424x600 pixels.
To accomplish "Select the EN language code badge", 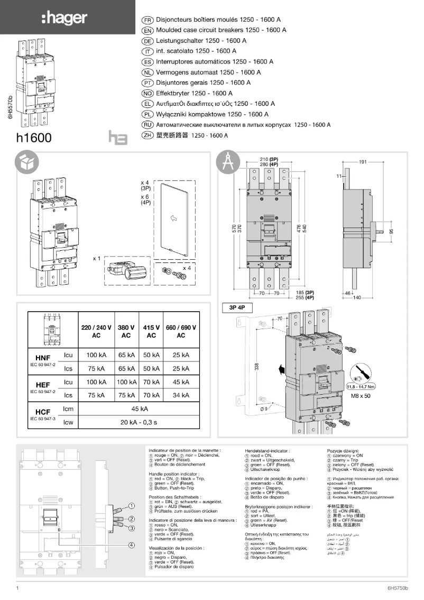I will click(148, 30).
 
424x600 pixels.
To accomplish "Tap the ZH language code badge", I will click(148, 135).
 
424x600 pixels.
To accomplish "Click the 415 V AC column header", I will click(151, 331).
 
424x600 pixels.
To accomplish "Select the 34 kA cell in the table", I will click(181, 395).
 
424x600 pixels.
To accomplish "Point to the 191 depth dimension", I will click(363, 161).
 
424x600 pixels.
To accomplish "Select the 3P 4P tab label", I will click(237, 307).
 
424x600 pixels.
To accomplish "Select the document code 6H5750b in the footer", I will click(398, 588).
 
